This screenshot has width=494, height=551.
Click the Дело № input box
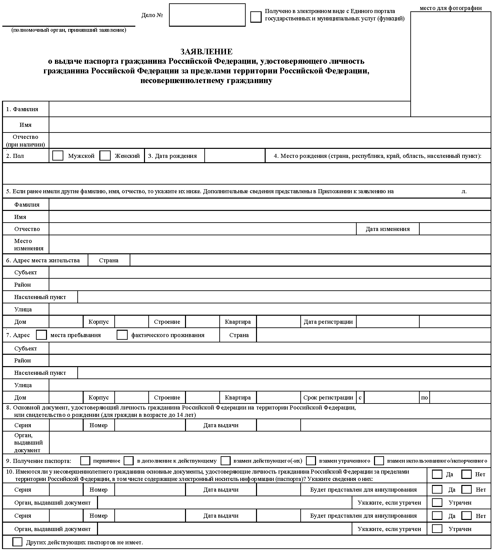point(207,15)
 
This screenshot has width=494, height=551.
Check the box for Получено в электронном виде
point(256,17)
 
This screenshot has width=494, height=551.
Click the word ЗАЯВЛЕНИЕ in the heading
point(206,52)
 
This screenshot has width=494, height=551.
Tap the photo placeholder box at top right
point(451,63)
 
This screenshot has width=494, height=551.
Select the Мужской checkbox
point(58,156)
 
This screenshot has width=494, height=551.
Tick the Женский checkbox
point(105,156)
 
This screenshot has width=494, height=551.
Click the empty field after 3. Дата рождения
point(235,156)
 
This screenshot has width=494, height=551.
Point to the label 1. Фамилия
point(22,109)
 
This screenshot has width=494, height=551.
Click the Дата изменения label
point(388,229)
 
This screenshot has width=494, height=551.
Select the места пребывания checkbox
point(41,335)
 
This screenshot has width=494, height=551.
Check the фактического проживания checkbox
point(122,335)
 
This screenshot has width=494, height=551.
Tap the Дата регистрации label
point(328,322)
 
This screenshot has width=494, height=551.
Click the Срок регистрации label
point(328,397)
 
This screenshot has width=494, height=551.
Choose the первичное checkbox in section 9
point(85,461)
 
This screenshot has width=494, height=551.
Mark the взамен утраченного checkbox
point(311,461)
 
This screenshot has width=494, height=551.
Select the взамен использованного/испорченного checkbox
point(379,461)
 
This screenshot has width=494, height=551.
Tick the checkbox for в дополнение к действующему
point(129,461)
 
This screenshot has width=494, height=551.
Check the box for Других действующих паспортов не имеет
point(17,542)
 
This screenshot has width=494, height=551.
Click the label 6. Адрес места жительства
point(43,260)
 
